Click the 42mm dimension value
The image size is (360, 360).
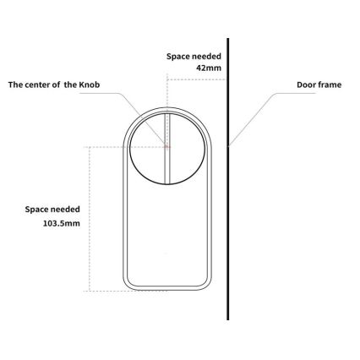pyautogui.click(x=209, y=68)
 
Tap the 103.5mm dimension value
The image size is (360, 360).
pyautogui.click(x=62, y=223)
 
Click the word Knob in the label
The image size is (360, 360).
pyautogui.click(x=90, y=85)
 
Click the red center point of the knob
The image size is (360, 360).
pyautogui.click(x=167, y=146)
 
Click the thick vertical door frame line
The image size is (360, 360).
pyautogui.click(x=228, y=179)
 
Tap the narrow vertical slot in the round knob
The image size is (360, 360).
pyautogui.click(x=167, y=149)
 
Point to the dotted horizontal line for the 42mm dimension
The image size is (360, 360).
pyautogui.click(x=197, y=79)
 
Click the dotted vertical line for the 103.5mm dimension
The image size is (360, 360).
pyautogui.click(x=90, y=219)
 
